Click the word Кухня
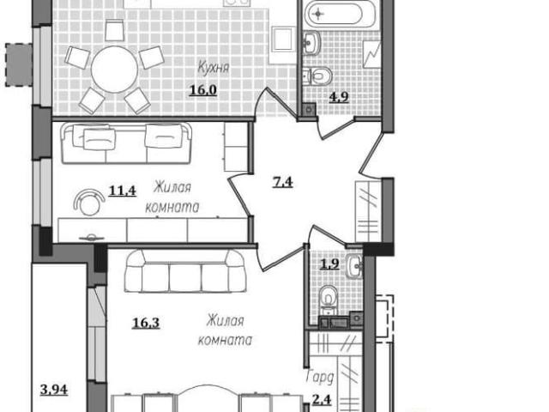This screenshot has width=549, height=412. [214, 67]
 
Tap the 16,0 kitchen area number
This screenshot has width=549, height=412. [203, 90]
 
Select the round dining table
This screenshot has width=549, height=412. [114, 70]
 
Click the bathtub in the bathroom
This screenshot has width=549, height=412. [334, 14]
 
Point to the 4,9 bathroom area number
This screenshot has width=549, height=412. [339, 97]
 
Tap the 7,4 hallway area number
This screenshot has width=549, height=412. [282, 182]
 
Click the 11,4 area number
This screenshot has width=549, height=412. [122, 191]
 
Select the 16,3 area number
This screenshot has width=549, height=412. [146, 323]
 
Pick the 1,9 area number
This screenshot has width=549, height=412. [329, 264]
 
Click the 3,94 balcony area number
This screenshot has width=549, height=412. [54, 389]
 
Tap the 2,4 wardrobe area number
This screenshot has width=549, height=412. [322, 399]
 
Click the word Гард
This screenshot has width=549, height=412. [319, 378]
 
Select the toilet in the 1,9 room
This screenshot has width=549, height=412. [329, 299]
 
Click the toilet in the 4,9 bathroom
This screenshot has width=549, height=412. [317, 76]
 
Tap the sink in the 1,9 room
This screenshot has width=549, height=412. [354, 266]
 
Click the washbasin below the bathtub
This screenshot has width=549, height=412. [311, 43]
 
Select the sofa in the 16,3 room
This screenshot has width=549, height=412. [185, 271]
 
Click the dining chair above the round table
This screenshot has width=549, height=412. [114, 30]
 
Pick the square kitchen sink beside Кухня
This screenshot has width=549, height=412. [282, 40]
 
